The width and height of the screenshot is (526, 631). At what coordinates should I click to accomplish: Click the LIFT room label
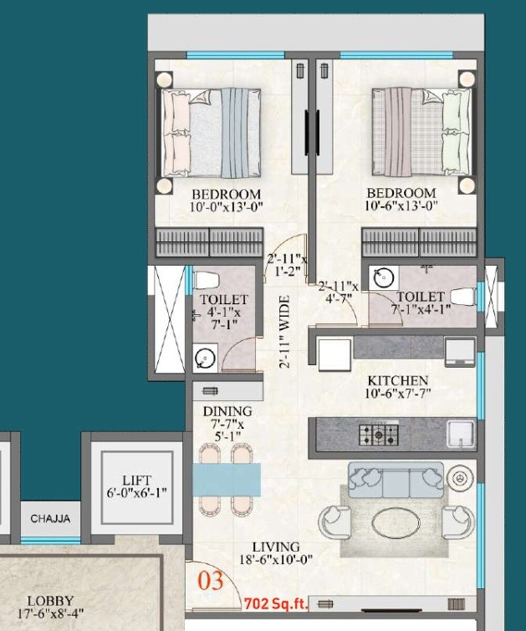(x=137, y=480)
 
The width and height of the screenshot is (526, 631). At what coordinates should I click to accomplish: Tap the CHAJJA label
(x=50, y=518)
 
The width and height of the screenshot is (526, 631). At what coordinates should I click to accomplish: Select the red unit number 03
(x=210, y=581)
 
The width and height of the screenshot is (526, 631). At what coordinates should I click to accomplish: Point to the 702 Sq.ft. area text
(x=276, y=603)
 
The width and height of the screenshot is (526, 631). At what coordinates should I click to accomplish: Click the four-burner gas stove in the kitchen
(x=379, y=434)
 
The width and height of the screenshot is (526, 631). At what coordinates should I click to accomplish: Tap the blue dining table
(x=227, y=480)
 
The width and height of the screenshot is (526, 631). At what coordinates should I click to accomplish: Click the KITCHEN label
(x=397, y=380)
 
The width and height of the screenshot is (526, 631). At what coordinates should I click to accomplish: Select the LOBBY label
(x=50, y=601)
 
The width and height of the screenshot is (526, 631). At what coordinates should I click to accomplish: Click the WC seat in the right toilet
(x=463, y=297)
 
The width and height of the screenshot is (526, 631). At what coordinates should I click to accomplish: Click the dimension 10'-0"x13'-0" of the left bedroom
(x=226, y=206)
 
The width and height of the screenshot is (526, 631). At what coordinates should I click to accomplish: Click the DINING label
(x=227, y=411)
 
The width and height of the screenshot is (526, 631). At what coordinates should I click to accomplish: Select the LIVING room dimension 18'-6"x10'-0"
(x=275, y=559)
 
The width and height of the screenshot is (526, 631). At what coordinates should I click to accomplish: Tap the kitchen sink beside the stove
(x=461, y=434)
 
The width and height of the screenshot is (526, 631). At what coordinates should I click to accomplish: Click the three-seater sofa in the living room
(x=396, y=480)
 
